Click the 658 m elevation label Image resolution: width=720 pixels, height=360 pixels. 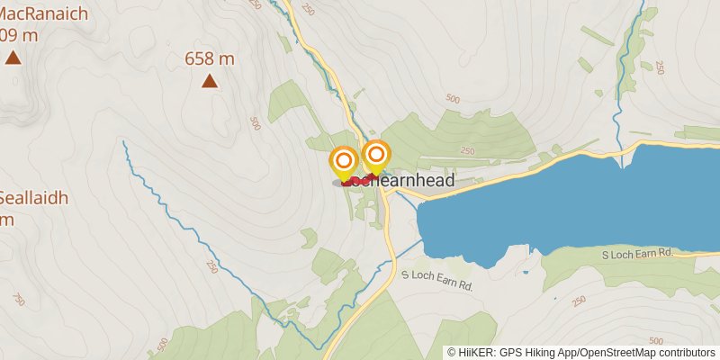click(x=209, y=59)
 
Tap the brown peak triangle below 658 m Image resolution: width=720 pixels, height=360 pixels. click(x=209, y=82)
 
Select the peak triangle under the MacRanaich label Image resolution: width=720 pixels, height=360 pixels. click(x=13, y=58)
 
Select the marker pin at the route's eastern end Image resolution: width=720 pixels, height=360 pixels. click(x=376, y=157)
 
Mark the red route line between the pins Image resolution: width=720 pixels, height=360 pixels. click(x=360, y=180)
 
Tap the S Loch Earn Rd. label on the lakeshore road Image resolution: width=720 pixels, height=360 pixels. click(x=637, y=255)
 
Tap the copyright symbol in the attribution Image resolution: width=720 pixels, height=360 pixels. click(x=452, y=353)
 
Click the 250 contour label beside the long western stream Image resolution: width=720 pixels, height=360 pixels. click(x=212, y=266)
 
